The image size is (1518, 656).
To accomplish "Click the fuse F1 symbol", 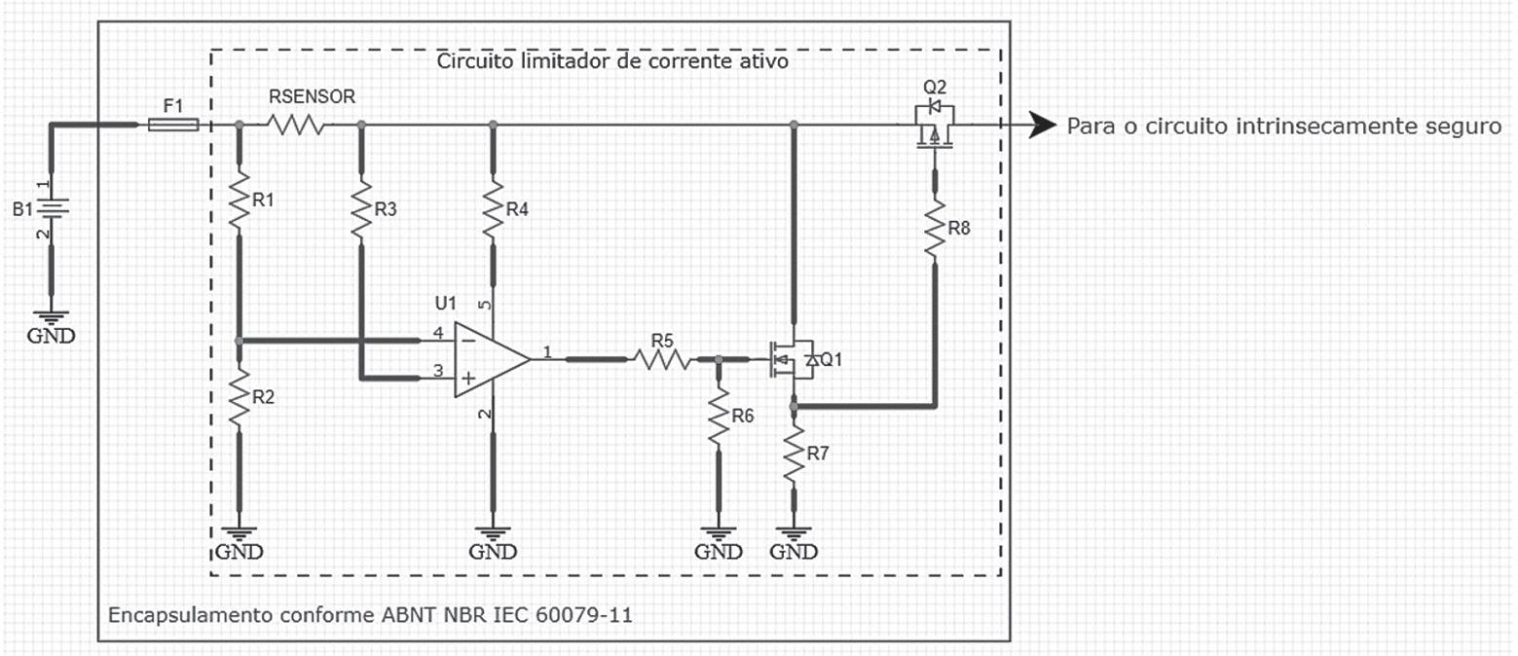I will pyautogui.click(x=174, y=125).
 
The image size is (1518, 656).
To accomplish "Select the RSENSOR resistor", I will pyautogui.click(x=295, y=125).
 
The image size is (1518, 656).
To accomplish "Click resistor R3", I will pyautogui.click(x=361, y=210).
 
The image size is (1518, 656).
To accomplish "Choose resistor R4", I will pyautogui.click(x=494, y=210).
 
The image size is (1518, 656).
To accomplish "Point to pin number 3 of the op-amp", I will pyautogui.click(x=438, y=370).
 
